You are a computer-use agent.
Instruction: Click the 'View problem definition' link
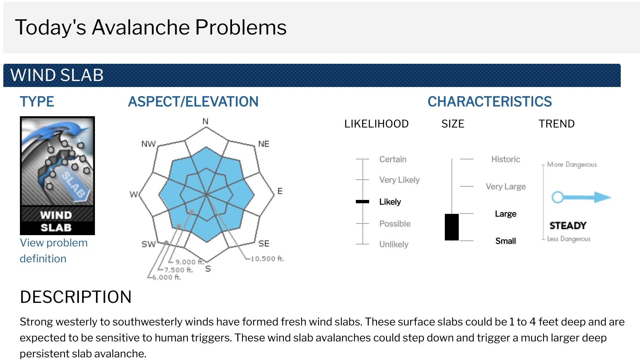click(x=53, y=251)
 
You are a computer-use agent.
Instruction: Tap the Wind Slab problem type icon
click(x=57, y=176)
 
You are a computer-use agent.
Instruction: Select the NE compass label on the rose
click(x=264, y=144)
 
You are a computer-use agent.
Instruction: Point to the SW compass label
click(x=148, y=244)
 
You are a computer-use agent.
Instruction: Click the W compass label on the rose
click(x=133, y=194)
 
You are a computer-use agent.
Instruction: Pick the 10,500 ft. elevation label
click(x=267, y=258)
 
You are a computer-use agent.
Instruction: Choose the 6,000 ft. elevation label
click(x=167, y=277)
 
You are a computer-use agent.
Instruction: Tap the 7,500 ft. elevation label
click(x=179, y=270)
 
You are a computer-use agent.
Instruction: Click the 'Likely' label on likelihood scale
click(x=390, y=202)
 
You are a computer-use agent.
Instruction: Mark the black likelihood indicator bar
click(x=362, y=202)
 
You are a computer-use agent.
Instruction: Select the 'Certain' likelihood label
click(x=393, y=159)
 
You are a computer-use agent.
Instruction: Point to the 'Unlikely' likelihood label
click(x=394, y=244)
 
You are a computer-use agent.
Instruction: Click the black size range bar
click(x=452, y=227)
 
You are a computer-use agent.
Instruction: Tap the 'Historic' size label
click(x=506, y=159)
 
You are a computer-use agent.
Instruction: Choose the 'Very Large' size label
click(x=506, y=186)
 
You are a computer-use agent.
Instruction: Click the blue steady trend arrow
click(x=581, y=197)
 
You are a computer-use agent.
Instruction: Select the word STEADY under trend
click(x=568, y=225)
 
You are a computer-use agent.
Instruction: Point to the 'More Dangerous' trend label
click(x=572, y=164)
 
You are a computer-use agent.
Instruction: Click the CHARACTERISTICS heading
click(x=490, y=101)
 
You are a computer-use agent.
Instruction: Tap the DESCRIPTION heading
click(x=76, y=297)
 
